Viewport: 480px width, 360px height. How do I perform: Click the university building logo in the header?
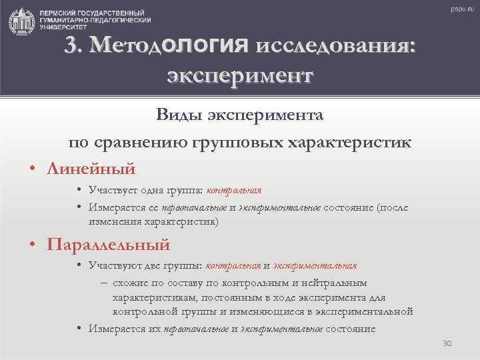click(21, 20)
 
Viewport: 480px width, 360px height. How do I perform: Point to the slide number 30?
click(447, 343)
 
